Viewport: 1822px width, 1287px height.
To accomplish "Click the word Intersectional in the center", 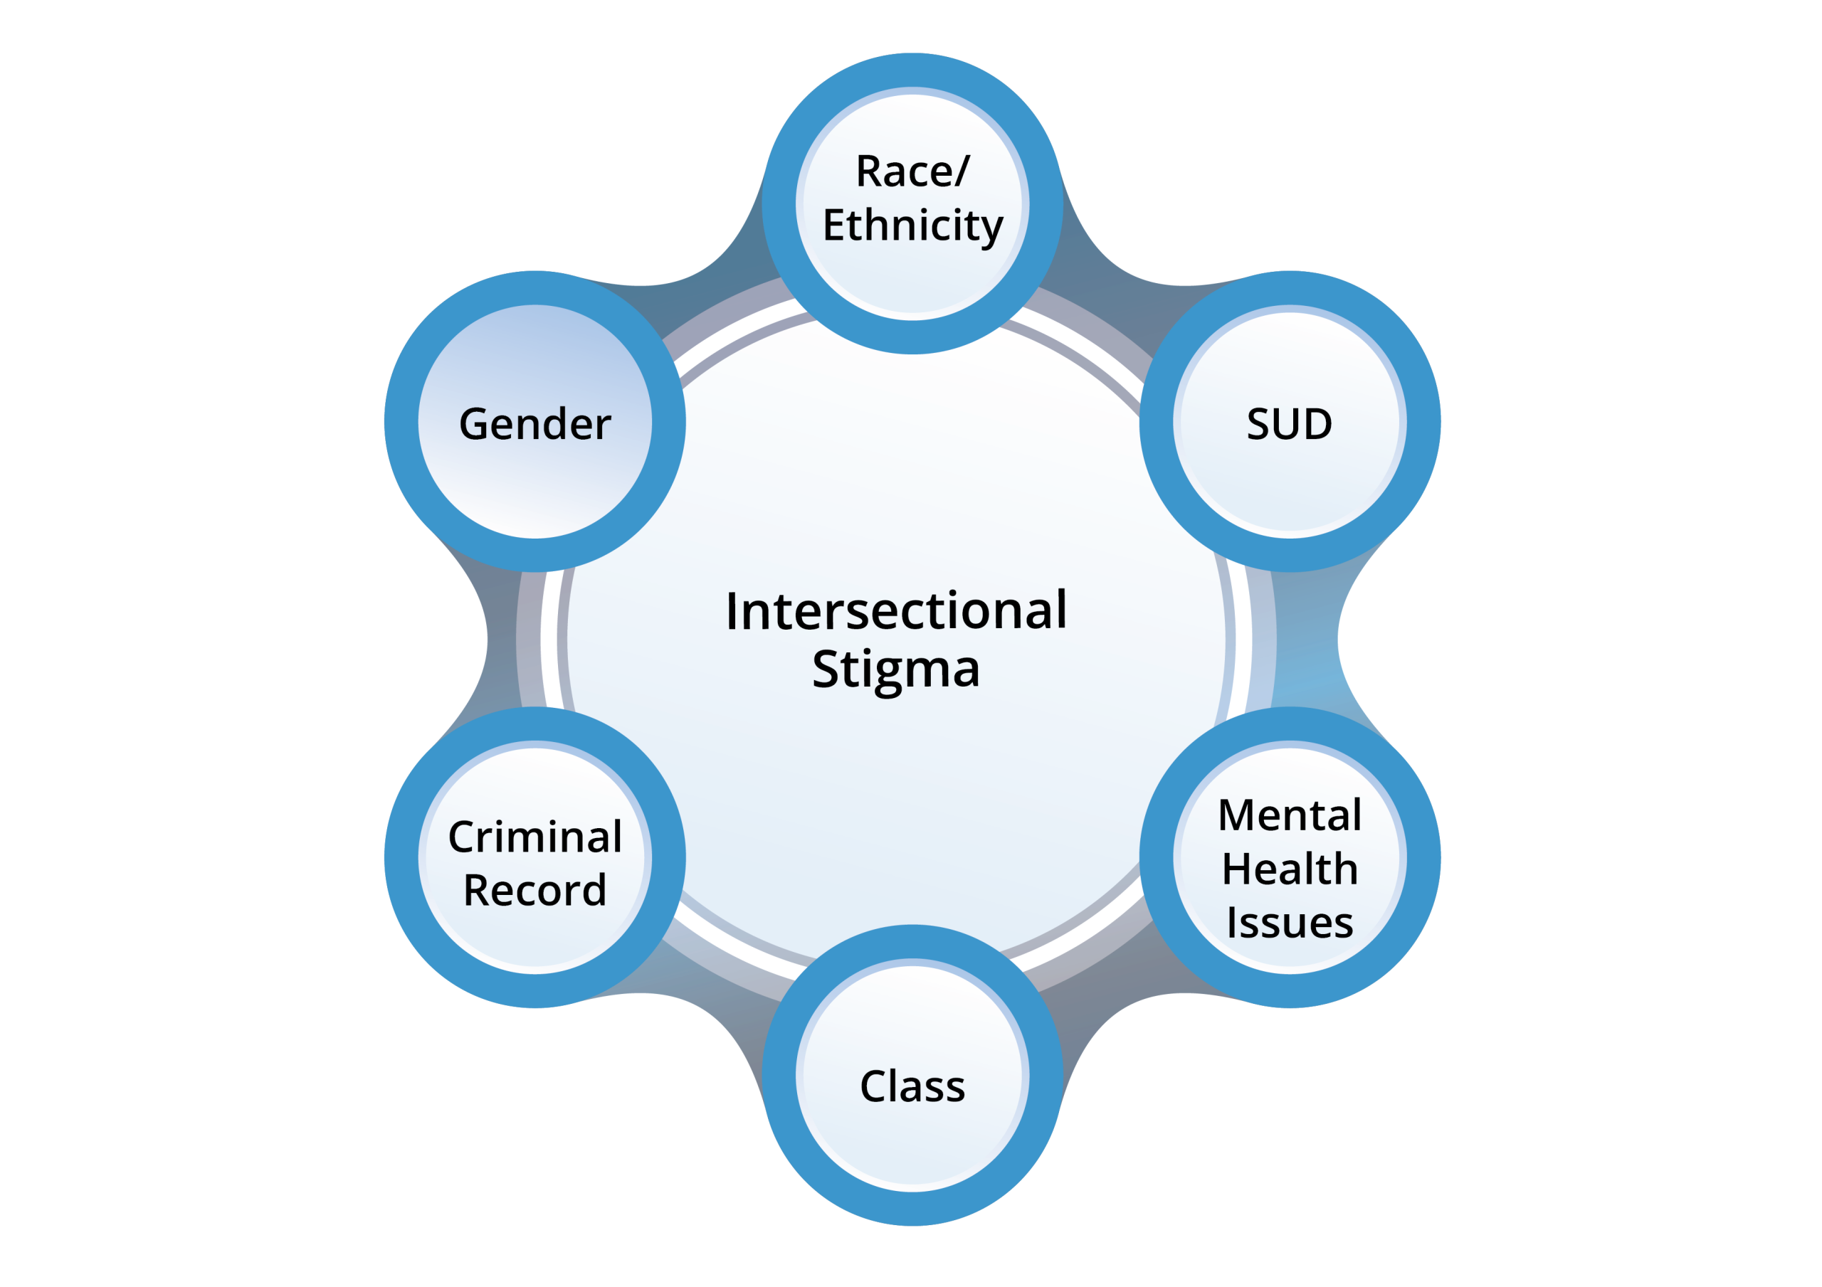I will pos(896,611).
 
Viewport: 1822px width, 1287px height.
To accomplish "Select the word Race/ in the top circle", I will pos(912,172).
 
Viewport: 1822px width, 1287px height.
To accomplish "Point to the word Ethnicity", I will pos(912,226).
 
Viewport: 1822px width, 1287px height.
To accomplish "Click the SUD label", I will pos(1290,424).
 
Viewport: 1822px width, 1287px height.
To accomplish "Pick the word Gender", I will pos(535,424).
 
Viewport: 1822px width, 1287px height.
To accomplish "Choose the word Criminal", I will pos(535,837).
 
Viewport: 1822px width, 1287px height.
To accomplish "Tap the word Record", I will pos(535,890).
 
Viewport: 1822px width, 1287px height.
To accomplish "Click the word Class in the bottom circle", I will pos(912,1086).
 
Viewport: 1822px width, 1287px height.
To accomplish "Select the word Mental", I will pos(1290,816).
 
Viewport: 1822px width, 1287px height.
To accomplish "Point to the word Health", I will pos(1290,869).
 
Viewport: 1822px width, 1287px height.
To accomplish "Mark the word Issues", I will pos(1290,923).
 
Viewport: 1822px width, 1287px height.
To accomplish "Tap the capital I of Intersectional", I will pos(732,612).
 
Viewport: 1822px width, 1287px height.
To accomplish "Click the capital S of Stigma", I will pos(826,668).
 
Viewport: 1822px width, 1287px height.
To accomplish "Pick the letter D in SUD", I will pos(1317,424).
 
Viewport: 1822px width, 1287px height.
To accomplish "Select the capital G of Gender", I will pos(475,424).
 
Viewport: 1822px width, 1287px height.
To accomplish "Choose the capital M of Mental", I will pos(1237,816).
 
